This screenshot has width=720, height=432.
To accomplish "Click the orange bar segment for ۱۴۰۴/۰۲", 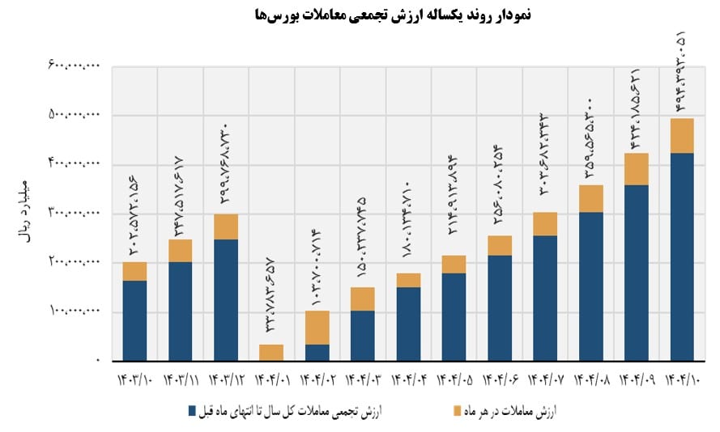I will click(317, 327).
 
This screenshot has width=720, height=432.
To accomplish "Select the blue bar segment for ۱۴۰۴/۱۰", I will click(682, 256).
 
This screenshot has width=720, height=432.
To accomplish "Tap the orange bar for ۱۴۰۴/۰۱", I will click(271, 352).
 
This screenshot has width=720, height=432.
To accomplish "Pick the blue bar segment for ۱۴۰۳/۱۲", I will click(226, 299).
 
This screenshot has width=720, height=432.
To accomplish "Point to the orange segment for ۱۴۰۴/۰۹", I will click(637, 169).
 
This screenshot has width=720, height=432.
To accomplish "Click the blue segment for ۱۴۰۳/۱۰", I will click(134, 320).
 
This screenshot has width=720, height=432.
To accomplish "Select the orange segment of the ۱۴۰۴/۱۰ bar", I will click(682, 136).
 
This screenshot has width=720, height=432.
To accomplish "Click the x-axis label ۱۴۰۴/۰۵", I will click(454, 379).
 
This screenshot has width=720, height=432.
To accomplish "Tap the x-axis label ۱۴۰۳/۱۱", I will click(180, 379).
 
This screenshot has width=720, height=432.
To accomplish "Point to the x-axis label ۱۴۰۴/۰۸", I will click(590, 379).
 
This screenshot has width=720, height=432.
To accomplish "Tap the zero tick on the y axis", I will click(96, 360).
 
